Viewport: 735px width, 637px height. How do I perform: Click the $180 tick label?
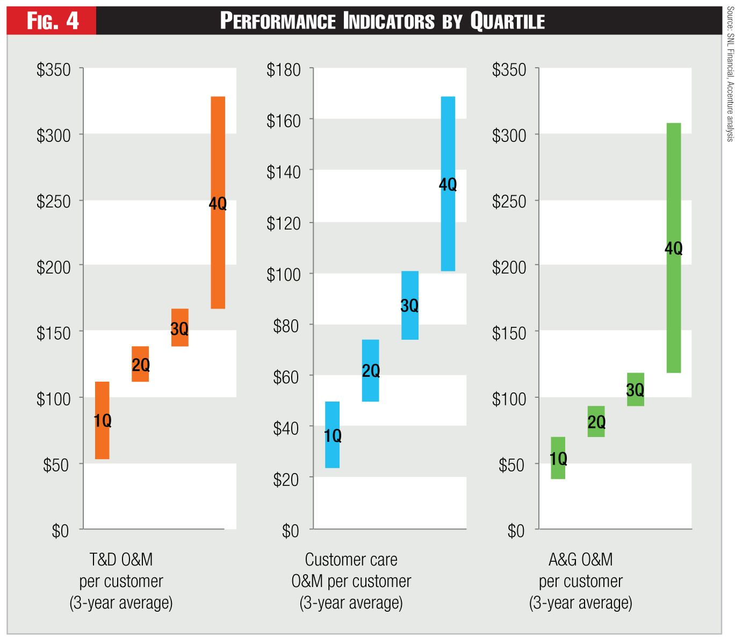(284, 70)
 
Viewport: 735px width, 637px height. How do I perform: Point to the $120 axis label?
(284, 223)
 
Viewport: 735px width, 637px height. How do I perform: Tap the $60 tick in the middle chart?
(286, 377)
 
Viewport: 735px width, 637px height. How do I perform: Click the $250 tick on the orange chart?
(54, 202)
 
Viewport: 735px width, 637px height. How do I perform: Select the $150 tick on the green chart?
(509, 333)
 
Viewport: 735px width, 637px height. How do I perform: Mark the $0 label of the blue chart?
(290, 531)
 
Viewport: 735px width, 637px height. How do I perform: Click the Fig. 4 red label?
(52, 21)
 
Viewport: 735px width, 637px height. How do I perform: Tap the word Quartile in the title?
(508, 21)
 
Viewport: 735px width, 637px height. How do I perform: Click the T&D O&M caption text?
(121, 560)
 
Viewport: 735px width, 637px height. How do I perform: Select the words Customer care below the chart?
(351, 560)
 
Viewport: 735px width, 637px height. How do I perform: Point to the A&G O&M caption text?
(581, 560)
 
